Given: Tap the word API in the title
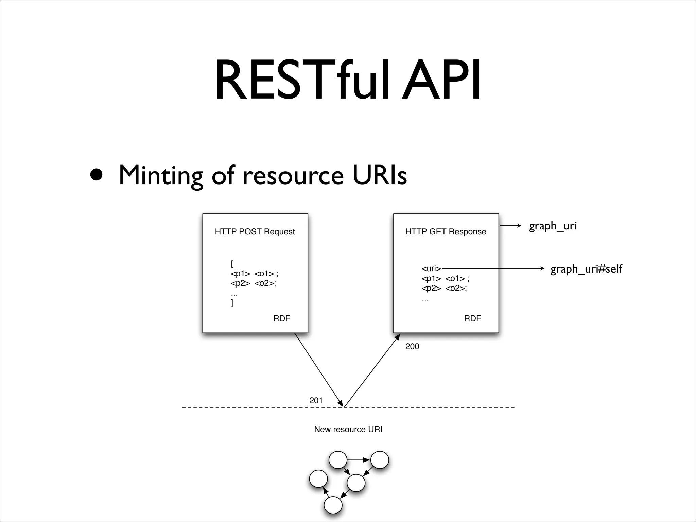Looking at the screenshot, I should [441, 81].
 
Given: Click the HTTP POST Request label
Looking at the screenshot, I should [255, 232].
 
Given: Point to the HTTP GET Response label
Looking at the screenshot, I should [446, 232].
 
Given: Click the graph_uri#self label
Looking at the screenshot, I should [586, 269].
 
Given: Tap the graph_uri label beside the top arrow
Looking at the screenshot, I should [553, 226].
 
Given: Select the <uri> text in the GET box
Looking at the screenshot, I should [431, 268].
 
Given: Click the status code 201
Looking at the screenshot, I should [316, 400].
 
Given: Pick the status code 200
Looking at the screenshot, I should [412, 346].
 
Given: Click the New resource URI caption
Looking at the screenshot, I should [348, 429].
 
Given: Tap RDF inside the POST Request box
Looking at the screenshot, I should [281, 318].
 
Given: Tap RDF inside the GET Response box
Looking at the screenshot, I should [472, 318].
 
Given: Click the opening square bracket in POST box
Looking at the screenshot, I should [232, 264].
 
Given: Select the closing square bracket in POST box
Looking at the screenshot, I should [232, 303].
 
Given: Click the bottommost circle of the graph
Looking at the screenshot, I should [333, 505].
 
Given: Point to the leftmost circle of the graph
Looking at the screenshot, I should [318, 478].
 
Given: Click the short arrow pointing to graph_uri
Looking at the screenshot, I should [510, 226].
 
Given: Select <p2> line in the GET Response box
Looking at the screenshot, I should [444, 288].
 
